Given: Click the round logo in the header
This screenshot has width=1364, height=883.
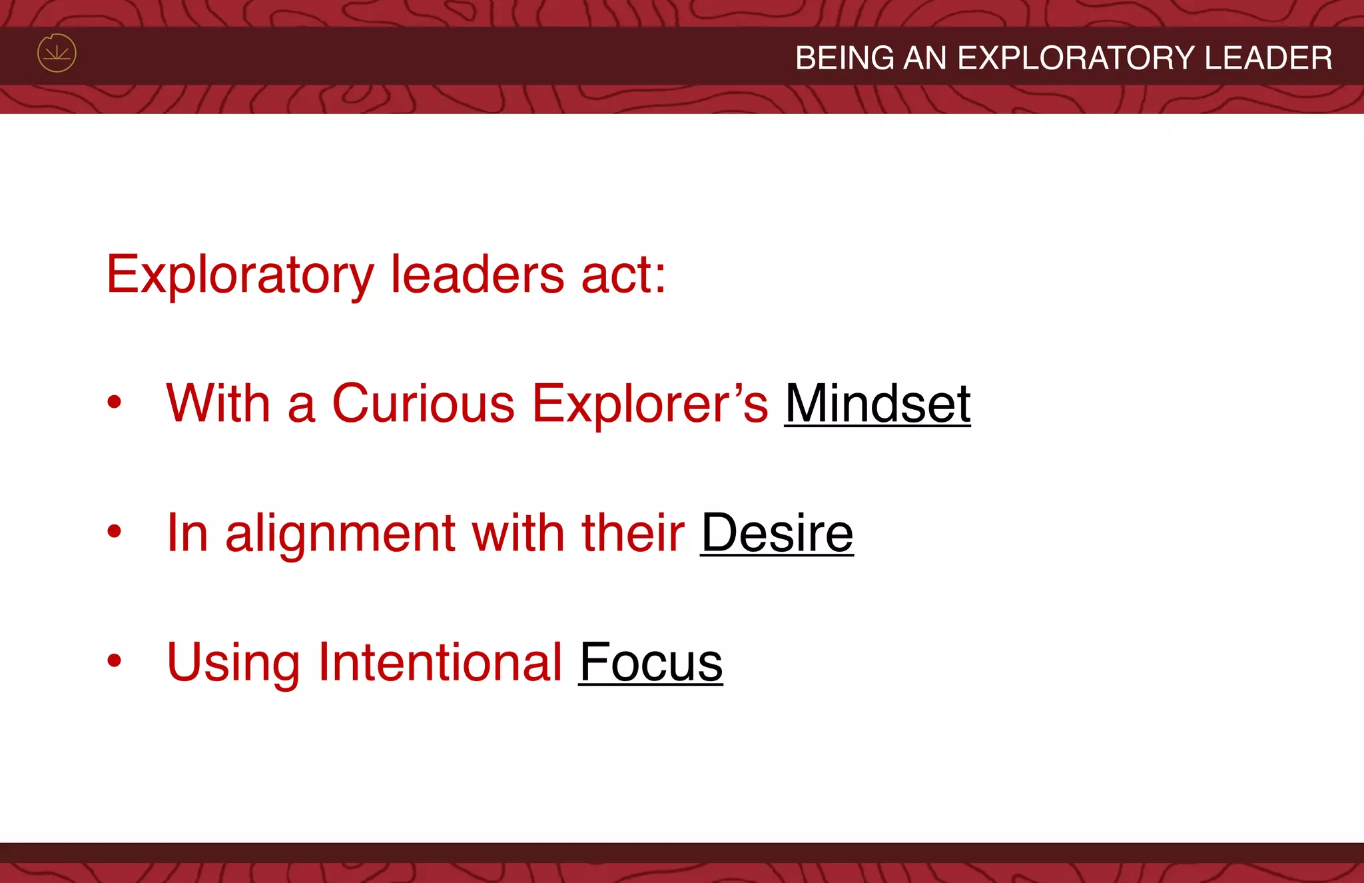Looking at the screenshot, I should coord(57,53).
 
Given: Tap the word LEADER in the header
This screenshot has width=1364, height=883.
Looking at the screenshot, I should coord(1268,58).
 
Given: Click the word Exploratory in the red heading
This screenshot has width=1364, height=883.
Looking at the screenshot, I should coord(240,275).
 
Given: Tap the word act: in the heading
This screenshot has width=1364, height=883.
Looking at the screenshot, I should coord(623,275).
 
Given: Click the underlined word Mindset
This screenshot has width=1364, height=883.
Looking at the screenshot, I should coord(877,404).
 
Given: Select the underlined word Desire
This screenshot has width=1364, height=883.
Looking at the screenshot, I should coord(777,533).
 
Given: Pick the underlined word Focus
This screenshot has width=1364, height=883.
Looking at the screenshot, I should coord(651,662).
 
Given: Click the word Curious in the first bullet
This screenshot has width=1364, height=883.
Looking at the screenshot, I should coord(423,404).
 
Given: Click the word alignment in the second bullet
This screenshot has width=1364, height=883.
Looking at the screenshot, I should coord(340,533).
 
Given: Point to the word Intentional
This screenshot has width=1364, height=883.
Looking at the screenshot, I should coord(440,662).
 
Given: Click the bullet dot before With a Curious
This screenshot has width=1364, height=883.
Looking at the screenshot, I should coord(115,402).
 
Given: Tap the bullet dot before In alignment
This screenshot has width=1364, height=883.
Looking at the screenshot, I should coord(115,531).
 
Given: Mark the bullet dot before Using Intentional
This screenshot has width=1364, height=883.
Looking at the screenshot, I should coord(115,660).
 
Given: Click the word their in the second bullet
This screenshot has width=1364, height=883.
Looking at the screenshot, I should coord(633,533).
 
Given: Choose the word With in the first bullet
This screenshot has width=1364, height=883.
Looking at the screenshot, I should coord(218,404).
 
